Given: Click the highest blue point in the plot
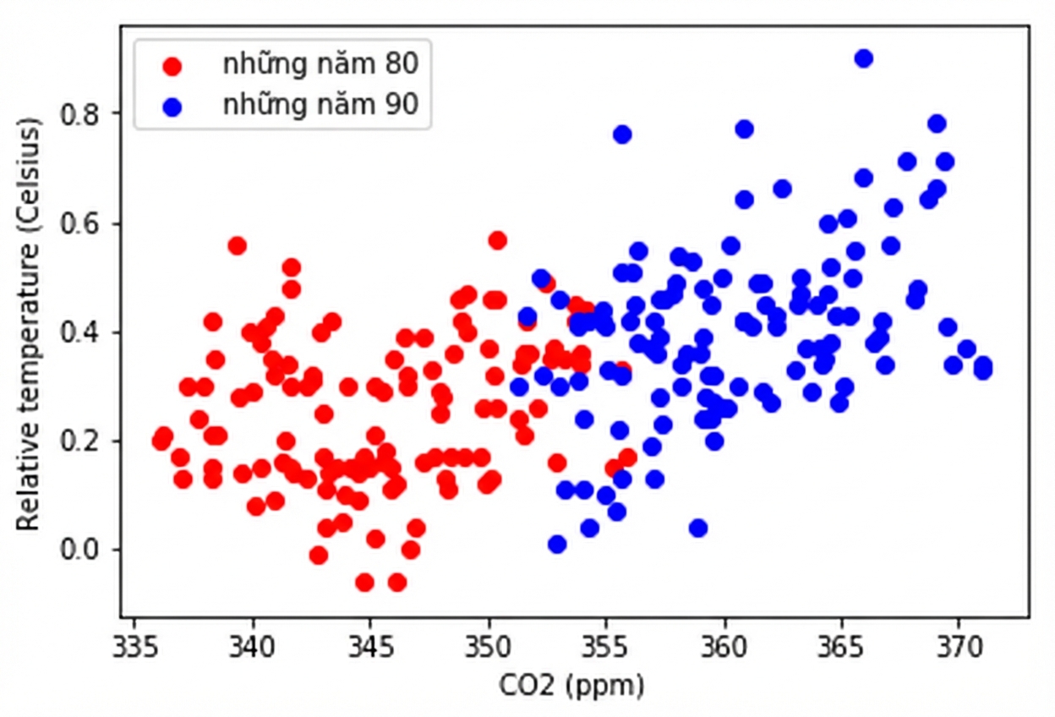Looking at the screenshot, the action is [x=863, y=59].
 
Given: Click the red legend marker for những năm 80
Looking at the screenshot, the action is [x=172, y=66].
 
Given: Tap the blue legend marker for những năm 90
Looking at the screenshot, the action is [x=172, y=107].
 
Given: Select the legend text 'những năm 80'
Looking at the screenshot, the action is [x=320, y=64].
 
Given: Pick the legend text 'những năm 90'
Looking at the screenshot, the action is [x=320, y=105].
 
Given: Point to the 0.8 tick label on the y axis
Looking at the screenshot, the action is [x=80, y=114].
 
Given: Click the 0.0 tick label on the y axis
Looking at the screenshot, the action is [x=80, y=550].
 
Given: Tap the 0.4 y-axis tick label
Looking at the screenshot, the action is [x=80, y=332].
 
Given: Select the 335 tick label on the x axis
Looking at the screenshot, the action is [x=134, y=648].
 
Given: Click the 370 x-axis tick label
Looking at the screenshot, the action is [x=959, y=648].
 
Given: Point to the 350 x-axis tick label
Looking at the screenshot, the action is [x=488, y=648].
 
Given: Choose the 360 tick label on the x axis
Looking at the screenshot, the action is [x=724, y=648].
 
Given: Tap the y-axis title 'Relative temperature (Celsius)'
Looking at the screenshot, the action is [x=28, y=325].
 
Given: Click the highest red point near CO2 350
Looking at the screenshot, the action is [x=497, y=241].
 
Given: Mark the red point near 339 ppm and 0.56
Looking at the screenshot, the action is [x=238, y=245].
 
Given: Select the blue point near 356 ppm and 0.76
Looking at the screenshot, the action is [x=622, y=134].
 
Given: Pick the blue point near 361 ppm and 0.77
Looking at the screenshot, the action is [x=744, y=129].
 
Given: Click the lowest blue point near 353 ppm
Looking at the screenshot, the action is [x=557, y=545].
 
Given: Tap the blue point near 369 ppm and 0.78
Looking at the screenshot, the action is [x=937, y=124].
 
